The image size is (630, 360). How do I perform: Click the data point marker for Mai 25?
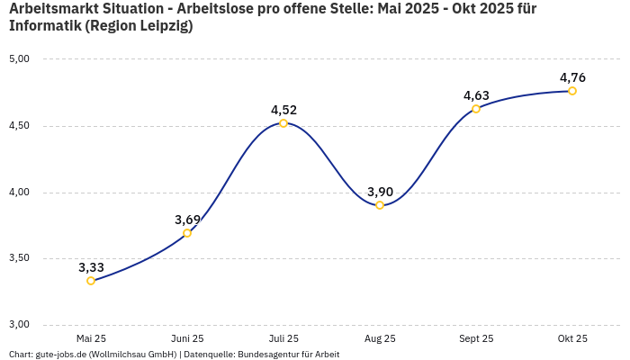91,281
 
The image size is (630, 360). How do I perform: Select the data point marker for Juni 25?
187,233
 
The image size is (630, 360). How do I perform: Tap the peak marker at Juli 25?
283,123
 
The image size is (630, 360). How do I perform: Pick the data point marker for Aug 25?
380,205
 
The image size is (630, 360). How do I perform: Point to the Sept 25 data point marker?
476,109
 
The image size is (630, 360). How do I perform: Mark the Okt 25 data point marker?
572,91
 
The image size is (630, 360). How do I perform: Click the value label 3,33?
91,267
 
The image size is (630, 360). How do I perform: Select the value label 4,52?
283,110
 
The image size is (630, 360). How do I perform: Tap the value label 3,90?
380,192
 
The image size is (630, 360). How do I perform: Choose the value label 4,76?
572,77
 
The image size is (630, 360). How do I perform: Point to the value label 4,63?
476,95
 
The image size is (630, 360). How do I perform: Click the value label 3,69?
187,220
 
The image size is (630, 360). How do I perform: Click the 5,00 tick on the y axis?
19,59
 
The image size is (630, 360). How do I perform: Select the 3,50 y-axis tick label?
19,258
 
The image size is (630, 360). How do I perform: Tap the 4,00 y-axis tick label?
19,193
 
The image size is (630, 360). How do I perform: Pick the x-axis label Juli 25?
283,338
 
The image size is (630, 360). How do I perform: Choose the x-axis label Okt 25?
572,338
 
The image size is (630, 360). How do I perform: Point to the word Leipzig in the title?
163,25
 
